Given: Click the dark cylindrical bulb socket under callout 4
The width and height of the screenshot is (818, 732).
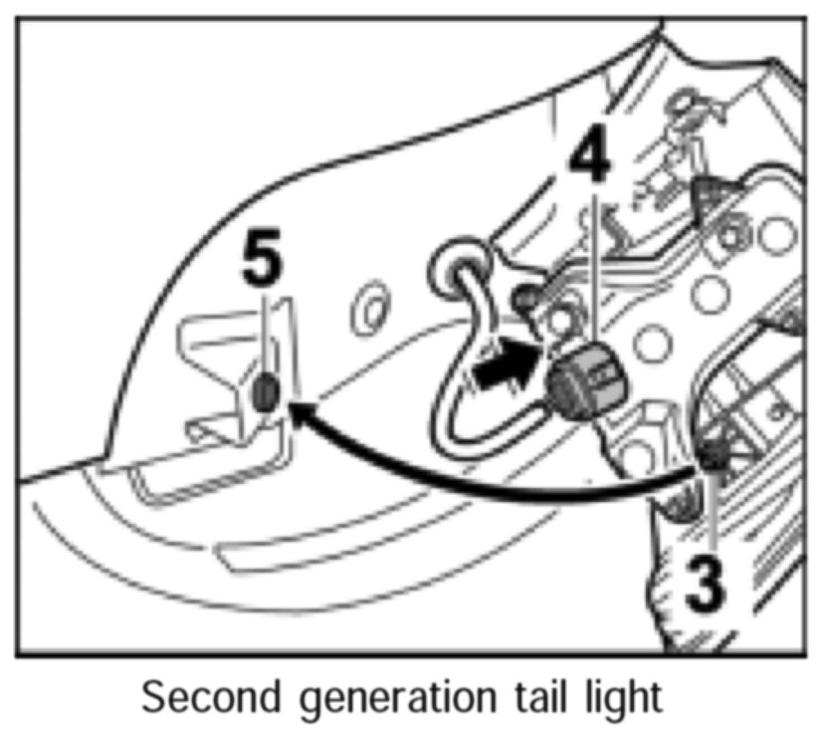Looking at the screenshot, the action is pos(585,384).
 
